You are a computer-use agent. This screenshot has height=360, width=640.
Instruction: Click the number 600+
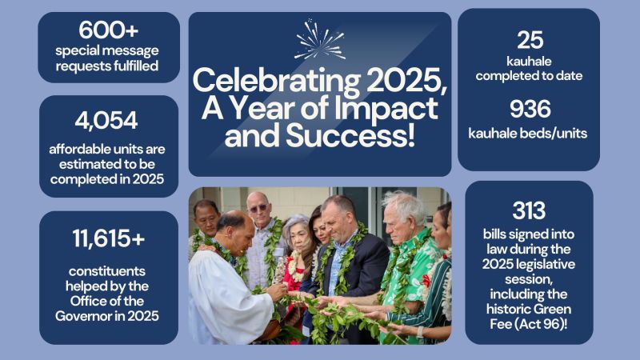click(x=107, y=30)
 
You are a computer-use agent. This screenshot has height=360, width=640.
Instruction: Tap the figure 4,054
click(x=106, y=120)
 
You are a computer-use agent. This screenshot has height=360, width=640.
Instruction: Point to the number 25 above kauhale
click(x=529, y=40)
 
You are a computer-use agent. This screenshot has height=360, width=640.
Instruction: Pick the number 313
click(x=529, y=210)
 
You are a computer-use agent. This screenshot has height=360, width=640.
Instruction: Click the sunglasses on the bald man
click(x=258, y=209)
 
